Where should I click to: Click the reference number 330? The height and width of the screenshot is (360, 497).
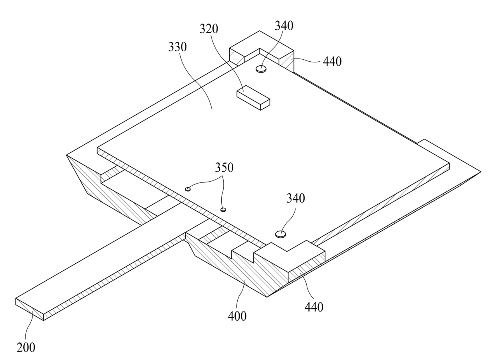click(177, 47)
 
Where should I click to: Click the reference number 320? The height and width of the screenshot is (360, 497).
click(209, 29)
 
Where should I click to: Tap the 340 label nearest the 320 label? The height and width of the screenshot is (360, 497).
click(284, 26)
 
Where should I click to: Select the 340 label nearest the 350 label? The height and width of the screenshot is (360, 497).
click(295, 198)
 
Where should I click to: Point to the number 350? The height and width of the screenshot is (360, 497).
click(224, 168)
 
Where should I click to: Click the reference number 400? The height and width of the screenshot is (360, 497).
click(237, 316)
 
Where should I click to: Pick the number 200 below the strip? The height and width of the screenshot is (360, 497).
click(26, 348)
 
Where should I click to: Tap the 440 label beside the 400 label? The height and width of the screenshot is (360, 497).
click(314, 307)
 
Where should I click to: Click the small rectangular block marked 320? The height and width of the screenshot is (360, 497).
click(253, 97)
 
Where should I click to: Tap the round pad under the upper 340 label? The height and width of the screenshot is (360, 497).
click(261, 69)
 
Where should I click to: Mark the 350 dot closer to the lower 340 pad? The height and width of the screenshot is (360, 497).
click(224, 209)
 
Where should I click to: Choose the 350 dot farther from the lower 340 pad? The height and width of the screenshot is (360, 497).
click(187, 189)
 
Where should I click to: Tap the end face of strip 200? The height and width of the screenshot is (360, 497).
click(29, 309)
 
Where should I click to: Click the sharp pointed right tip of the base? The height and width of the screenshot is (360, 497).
click(480, 172)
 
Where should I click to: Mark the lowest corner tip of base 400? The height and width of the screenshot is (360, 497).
click(267, 297)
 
